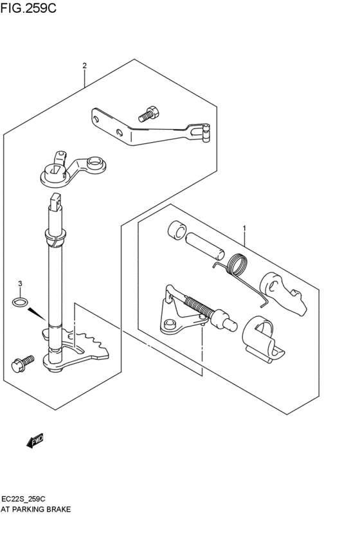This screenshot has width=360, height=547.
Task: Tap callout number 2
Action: point(84,66)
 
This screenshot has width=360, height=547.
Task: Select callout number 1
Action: point(244,229)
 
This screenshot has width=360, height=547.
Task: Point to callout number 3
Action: point(20,284)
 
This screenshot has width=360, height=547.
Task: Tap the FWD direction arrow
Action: point(35,440)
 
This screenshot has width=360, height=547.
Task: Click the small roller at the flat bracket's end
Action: point(206,134)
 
